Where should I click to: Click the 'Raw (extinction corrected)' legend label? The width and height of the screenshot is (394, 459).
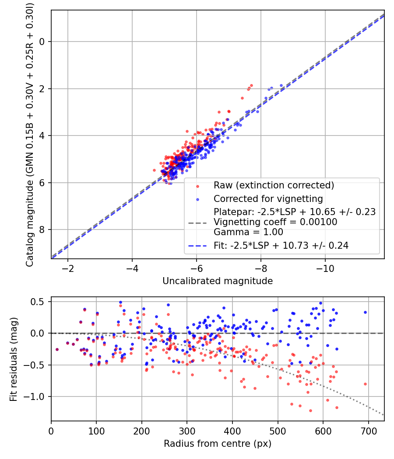click(274, 185)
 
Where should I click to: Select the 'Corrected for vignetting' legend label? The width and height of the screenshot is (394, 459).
click(268, 199)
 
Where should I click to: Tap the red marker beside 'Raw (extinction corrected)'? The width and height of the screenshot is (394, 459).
click(197, 186)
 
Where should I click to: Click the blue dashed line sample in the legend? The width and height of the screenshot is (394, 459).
click(197, 246)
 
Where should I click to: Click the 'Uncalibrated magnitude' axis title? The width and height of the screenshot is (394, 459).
click(218, 281)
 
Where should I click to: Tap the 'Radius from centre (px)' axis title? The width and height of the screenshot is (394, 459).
click(218, 444)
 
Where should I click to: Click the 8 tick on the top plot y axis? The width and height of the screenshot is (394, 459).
click(43, 230)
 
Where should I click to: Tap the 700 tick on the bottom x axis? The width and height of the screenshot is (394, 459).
click(368, 430)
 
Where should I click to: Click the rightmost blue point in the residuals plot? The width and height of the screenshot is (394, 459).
click(365, 312)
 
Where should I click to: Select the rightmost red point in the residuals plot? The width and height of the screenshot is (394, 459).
click(365, 384)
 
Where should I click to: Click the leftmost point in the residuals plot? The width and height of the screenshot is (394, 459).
click(57, 349)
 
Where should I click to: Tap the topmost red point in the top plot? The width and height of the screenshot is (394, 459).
click(251, 86)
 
